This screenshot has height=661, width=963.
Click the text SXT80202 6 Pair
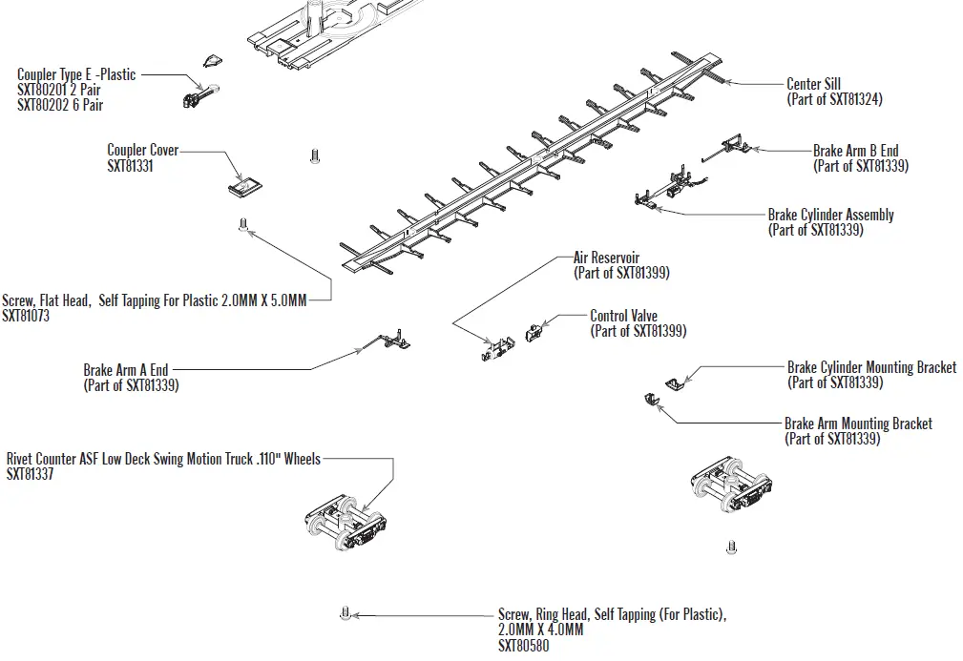click(x=60, y=105)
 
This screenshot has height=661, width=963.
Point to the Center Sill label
click(x=813, y=84)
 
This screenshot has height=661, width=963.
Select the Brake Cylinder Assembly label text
click(x=830, y=215)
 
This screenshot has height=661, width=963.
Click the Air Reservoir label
click(x=606, y=258)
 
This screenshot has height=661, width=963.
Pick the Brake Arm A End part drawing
click(x=386, y=341)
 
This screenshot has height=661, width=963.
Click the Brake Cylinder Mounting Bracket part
click(x=674, y=382)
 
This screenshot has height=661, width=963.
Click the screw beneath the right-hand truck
click(x=731, y=547)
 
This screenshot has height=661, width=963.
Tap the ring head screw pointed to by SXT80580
click(x=345, y=613)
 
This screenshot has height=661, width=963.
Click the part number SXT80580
click(x=523, y=646)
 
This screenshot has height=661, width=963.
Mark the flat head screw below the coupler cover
click(x=242, y=225)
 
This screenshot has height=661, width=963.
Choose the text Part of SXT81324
click(x=833, y=99)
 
